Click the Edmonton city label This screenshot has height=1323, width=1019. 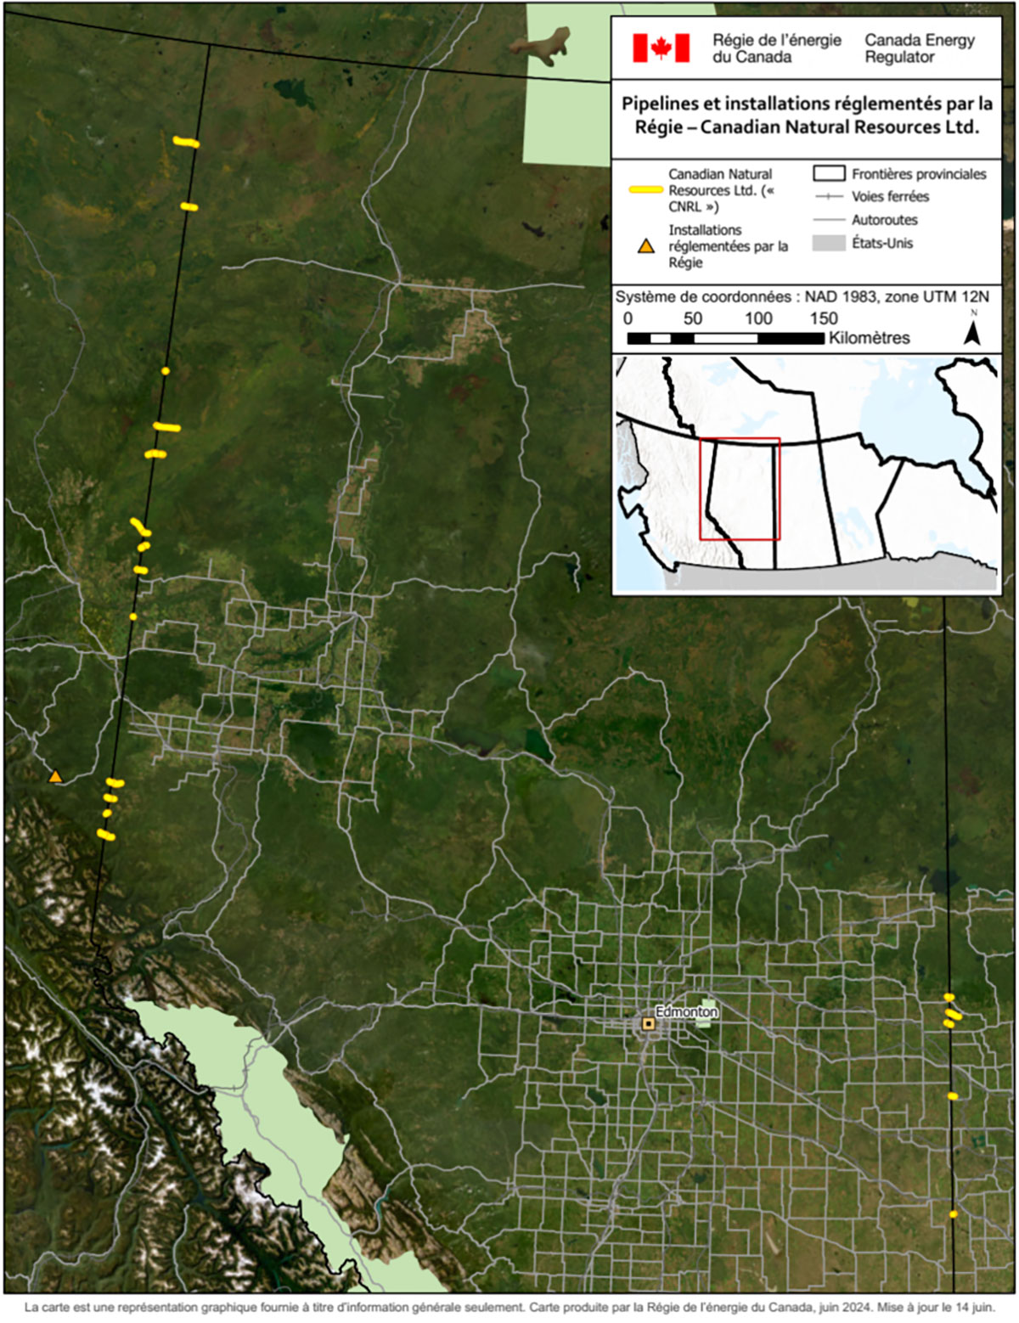tap(687, 1011)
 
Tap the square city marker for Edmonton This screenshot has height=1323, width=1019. tap(649, 1024)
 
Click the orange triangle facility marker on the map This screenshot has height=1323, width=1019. tap(55, 776)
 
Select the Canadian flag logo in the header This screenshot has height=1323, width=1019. tap(661, 48)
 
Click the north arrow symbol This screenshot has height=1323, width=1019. tap(973, 329)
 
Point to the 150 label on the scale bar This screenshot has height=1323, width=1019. tap(824, 318)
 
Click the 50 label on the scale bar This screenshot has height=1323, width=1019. tap(693, 318)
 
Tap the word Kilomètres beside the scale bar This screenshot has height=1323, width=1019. tap(869, 338)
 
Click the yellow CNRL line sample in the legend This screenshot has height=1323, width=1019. tap(645, 190)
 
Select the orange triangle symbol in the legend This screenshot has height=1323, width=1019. tap(646, 246)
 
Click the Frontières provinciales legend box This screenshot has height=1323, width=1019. tap(829, 173)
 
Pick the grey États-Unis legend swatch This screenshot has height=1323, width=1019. tap(829, 243)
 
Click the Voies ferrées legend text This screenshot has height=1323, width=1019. tap(890, 196)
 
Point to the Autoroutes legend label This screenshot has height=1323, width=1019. tap(884, 220)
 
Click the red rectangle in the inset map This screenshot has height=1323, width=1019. tap(740, 488)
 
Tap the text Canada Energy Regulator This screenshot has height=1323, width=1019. tap(919, 48)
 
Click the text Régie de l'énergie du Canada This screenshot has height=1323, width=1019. tap(776, 48)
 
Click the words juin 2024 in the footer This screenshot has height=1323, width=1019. tap(844, 1308)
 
